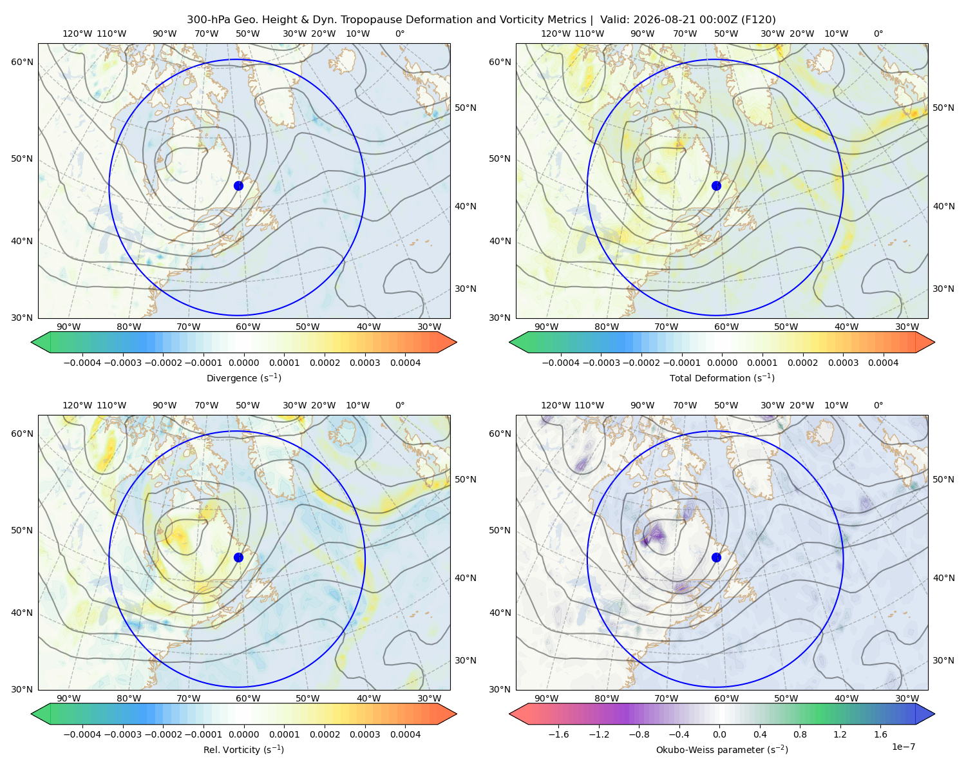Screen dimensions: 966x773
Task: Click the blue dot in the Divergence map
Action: point(238,186)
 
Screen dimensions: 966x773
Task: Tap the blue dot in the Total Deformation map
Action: point(716,186)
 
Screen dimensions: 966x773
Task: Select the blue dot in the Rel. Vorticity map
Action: point(238,557)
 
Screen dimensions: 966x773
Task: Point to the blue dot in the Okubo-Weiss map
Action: point(716,557)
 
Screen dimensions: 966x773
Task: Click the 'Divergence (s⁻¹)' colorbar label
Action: point(243,377)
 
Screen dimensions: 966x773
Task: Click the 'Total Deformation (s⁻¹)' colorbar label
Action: point(722,377)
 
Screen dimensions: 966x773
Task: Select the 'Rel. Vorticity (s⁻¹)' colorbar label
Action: point(243,749)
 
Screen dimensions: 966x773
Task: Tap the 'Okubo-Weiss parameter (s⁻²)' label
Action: point(722,749)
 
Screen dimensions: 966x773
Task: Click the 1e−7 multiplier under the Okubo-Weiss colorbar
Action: point(903,747)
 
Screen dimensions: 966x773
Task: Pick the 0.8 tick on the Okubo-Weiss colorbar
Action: point(800,734)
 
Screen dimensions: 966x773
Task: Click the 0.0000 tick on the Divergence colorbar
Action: point(243,363)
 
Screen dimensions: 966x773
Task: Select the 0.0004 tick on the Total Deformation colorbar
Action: point(883,363)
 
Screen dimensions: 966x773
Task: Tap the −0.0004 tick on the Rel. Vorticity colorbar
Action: point(82,734)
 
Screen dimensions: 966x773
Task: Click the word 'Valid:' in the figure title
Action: point(615,20)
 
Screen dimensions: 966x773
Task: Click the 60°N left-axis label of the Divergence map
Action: point(22,62)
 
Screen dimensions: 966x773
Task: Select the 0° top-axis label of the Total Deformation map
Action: point(878,33)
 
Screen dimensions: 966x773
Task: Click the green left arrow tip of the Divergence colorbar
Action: point(32,342)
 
